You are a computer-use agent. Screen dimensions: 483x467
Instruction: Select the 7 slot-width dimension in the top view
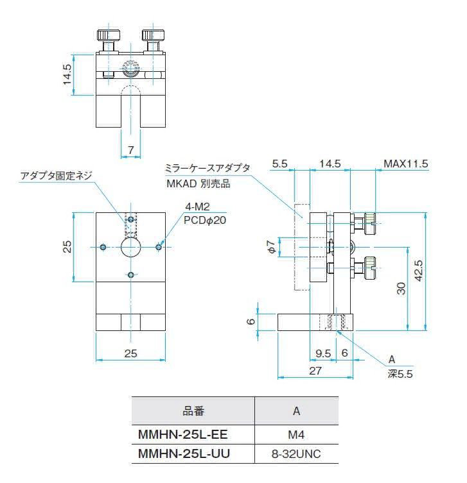[x=130, y=150]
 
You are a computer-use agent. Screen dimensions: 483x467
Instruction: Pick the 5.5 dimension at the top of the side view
[x=279, y=164]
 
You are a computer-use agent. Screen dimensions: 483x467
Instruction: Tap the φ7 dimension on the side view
[x=272, y=246]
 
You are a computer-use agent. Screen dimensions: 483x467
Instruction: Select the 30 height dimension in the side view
[x=401, y=289]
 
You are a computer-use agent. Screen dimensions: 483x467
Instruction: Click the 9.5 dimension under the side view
[x=324, y=352]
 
